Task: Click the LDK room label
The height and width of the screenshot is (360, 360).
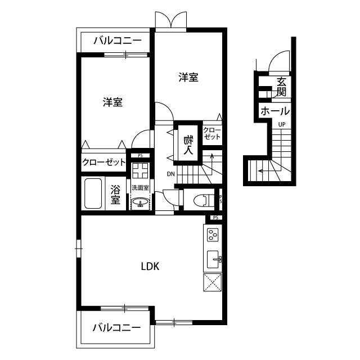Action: pos(150,267)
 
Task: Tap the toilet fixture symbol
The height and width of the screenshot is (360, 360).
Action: pos(204,200)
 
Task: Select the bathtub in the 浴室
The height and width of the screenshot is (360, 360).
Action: pos(93,193)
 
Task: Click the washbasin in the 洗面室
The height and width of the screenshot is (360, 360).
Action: pos(140,202)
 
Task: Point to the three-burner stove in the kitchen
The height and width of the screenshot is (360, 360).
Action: pos(213,235)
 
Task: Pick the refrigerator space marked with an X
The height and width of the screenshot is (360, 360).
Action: pos(213,282)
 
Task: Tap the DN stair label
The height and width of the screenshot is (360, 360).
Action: pos(170,174)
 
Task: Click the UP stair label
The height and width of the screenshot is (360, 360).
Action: pos(282,124)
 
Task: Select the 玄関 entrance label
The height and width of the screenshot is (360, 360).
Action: pos(281,87)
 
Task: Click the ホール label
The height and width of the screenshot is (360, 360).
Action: pos(275,111)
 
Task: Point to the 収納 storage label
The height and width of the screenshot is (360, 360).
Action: pos(188,145)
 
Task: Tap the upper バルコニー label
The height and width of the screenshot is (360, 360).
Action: pos(118,40)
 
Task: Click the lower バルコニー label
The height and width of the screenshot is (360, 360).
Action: pos(116,327)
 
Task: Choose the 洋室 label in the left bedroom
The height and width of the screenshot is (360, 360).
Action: pos(112,102)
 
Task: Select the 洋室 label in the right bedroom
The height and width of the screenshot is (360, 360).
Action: pos(188,77)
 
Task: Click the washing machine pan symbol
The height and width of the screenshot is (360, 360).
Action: pos(140,170)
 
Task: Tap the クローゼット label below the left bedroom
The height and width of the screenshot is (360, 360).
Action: pos(104,163)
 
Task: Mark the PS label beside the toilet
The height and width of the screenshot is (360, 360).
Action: pos(220,199)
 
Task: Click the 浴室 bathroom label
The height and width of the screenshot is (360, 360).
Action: pos(115,194)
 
